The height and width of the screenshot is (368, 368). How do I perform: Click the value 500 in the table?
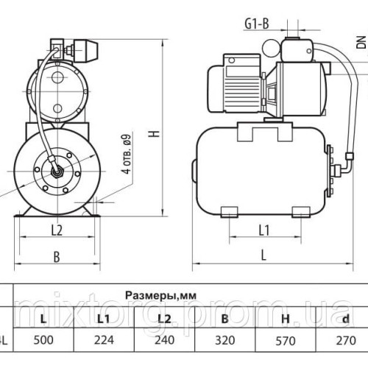[45, 340]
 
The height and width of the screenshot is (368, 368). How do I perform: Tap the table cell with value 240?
[165, 340]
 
